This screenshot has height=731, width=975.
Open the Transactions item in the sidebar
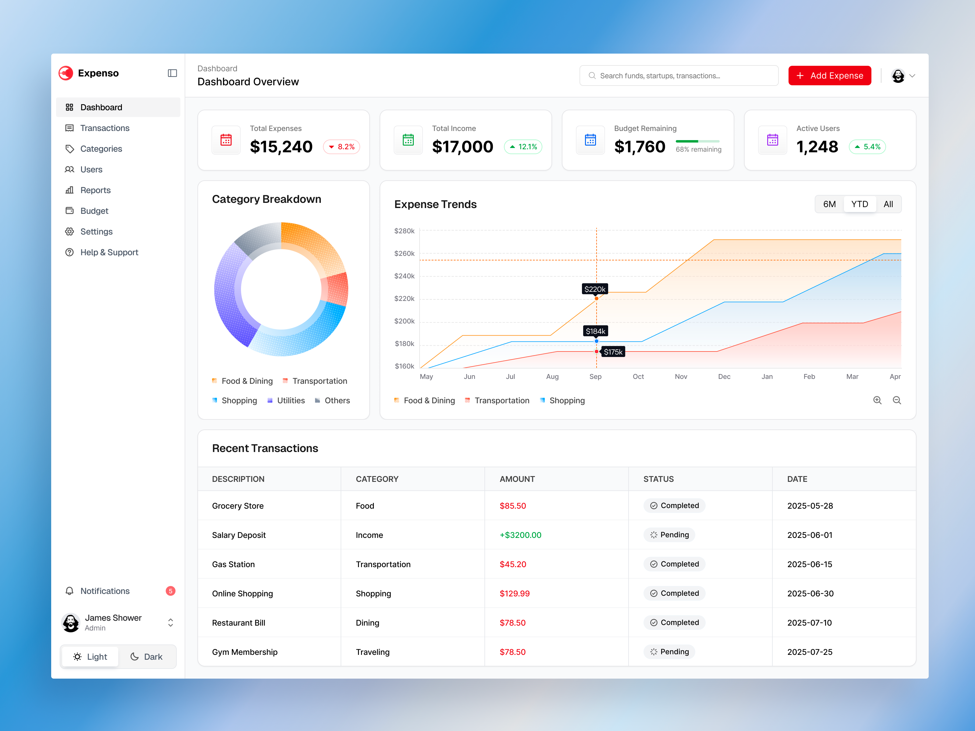pos(105,128)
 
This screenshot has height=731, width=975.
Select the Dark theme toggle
pos(147,657)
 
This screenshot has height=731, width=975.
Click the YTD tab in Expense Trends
pos(859,204)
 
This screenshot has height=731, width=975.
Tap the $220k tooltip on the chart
pos(595,289)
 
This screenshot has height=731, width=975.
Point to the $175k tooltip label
pos(613,351)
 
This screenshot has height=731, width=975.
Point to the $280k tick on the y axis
pos(404,231)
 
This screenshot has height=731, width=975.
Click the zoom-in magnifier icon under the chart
pos(877,400)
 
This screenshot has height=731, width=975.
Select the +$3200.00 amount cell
pos(520,535)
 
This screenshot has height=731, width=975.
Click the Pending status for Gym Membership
pos(669,652)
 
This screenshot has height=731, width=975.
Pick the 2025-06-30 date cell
pos(810,594)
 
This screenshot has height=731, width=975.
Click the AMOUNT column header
pos(517,479)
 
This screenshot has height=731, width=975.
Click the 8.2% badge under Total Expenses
pos(342,147)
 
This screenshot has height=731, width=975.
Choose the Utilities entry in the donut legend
pos(290,401)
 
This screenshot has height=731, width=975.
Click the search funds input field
pos(679,76)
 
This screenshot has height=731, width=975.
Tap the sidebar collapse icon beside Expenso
pos(172,73)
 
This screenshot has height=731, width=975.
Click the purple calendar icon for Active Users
pos(772,140)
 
